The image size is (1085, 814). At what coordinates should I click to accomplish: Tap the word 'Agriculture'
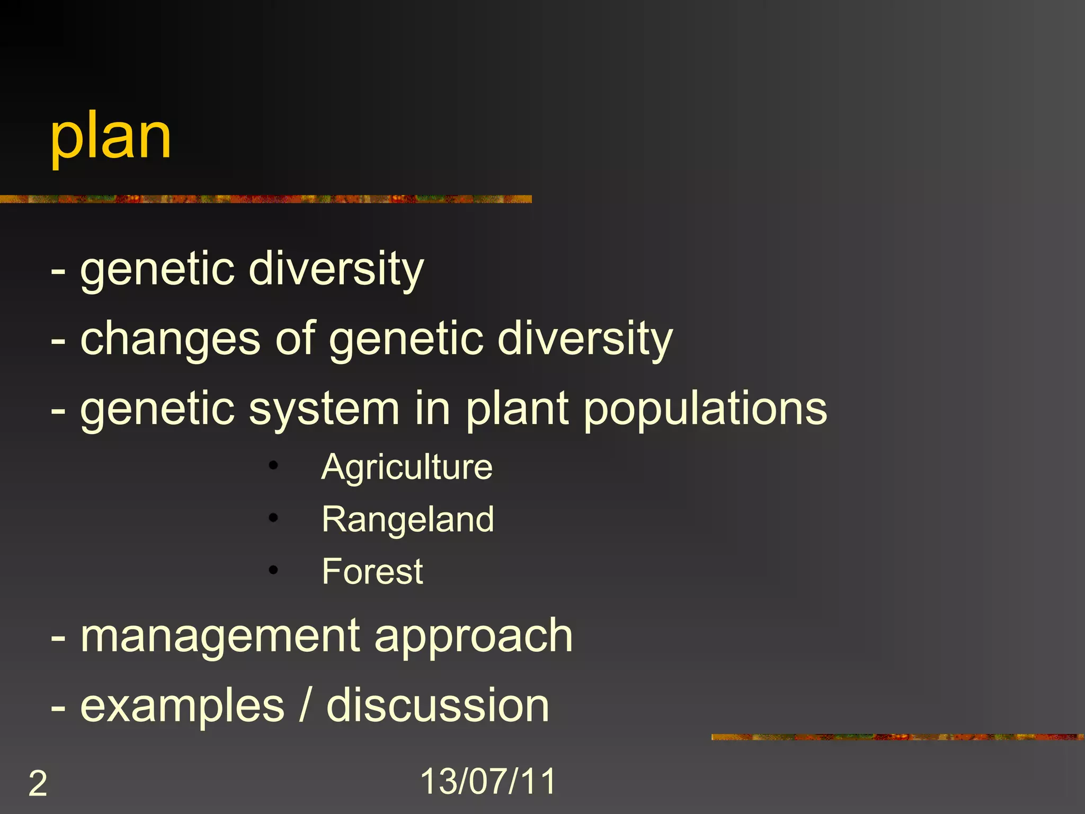(x=407, y=467)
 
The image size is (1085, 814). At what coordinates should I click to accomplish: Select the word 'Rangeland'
(x=408, y=519)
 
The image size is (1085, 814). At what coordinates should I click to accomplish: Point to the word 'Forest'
(x=372, y=571)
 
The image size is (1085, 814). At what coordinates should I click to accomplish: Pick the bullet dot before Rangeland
(x=273, y=518)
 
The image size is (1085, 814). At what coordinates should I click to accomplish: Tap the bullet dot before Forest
(x=273, y=570)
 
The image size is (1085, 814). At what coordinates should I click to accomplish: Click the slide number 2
(x=38, y=783)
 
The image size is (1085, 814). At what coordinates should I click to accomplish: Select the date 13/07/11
(x=488, y=781)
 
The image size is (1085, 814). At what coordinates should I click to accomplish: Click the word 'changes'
(x=170, y=339)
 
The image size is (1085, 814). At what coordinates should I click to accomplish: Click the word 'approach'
(x=474, y=637)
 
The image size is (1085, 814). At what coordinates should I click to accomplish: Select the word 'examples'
(x=183, y=707)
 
